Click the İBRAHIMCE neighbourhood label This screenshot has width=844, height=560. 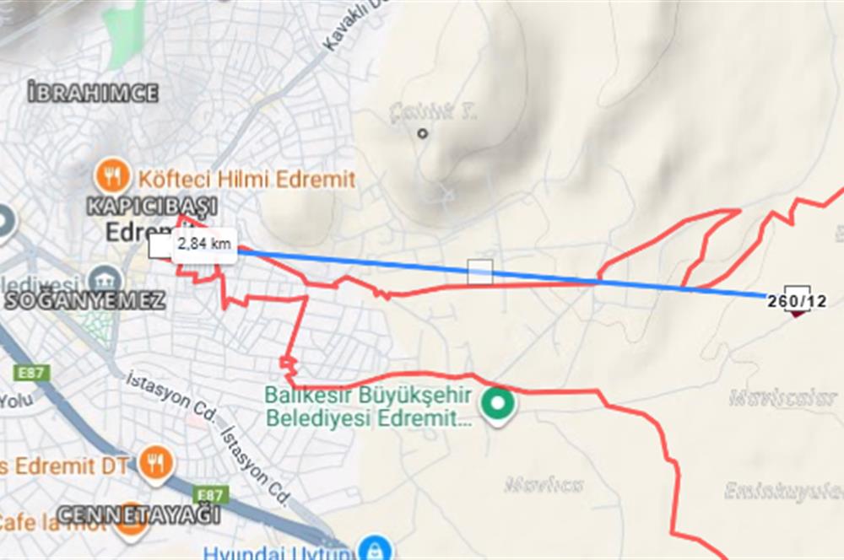point(93,93)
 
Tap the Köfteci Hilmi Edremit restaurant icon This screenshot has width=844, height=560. point(112,176)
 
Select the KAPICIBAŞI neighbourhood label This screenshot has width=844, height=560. point(153,206)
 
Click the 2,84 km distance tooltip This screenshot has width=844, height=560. point(203,245)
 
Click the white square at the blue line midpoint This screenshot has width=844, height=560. point(480,272)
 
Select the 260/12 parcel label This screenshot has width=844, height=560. point(797,300)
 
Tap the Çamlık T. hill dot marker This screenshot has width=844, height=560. point(423,132)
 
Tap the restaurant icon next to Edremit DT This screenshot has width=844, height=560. point(154,462)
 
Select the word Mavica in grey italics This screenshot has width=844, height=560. point(544,485)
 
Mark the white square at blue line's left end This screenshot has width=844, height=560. point(159,247)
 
